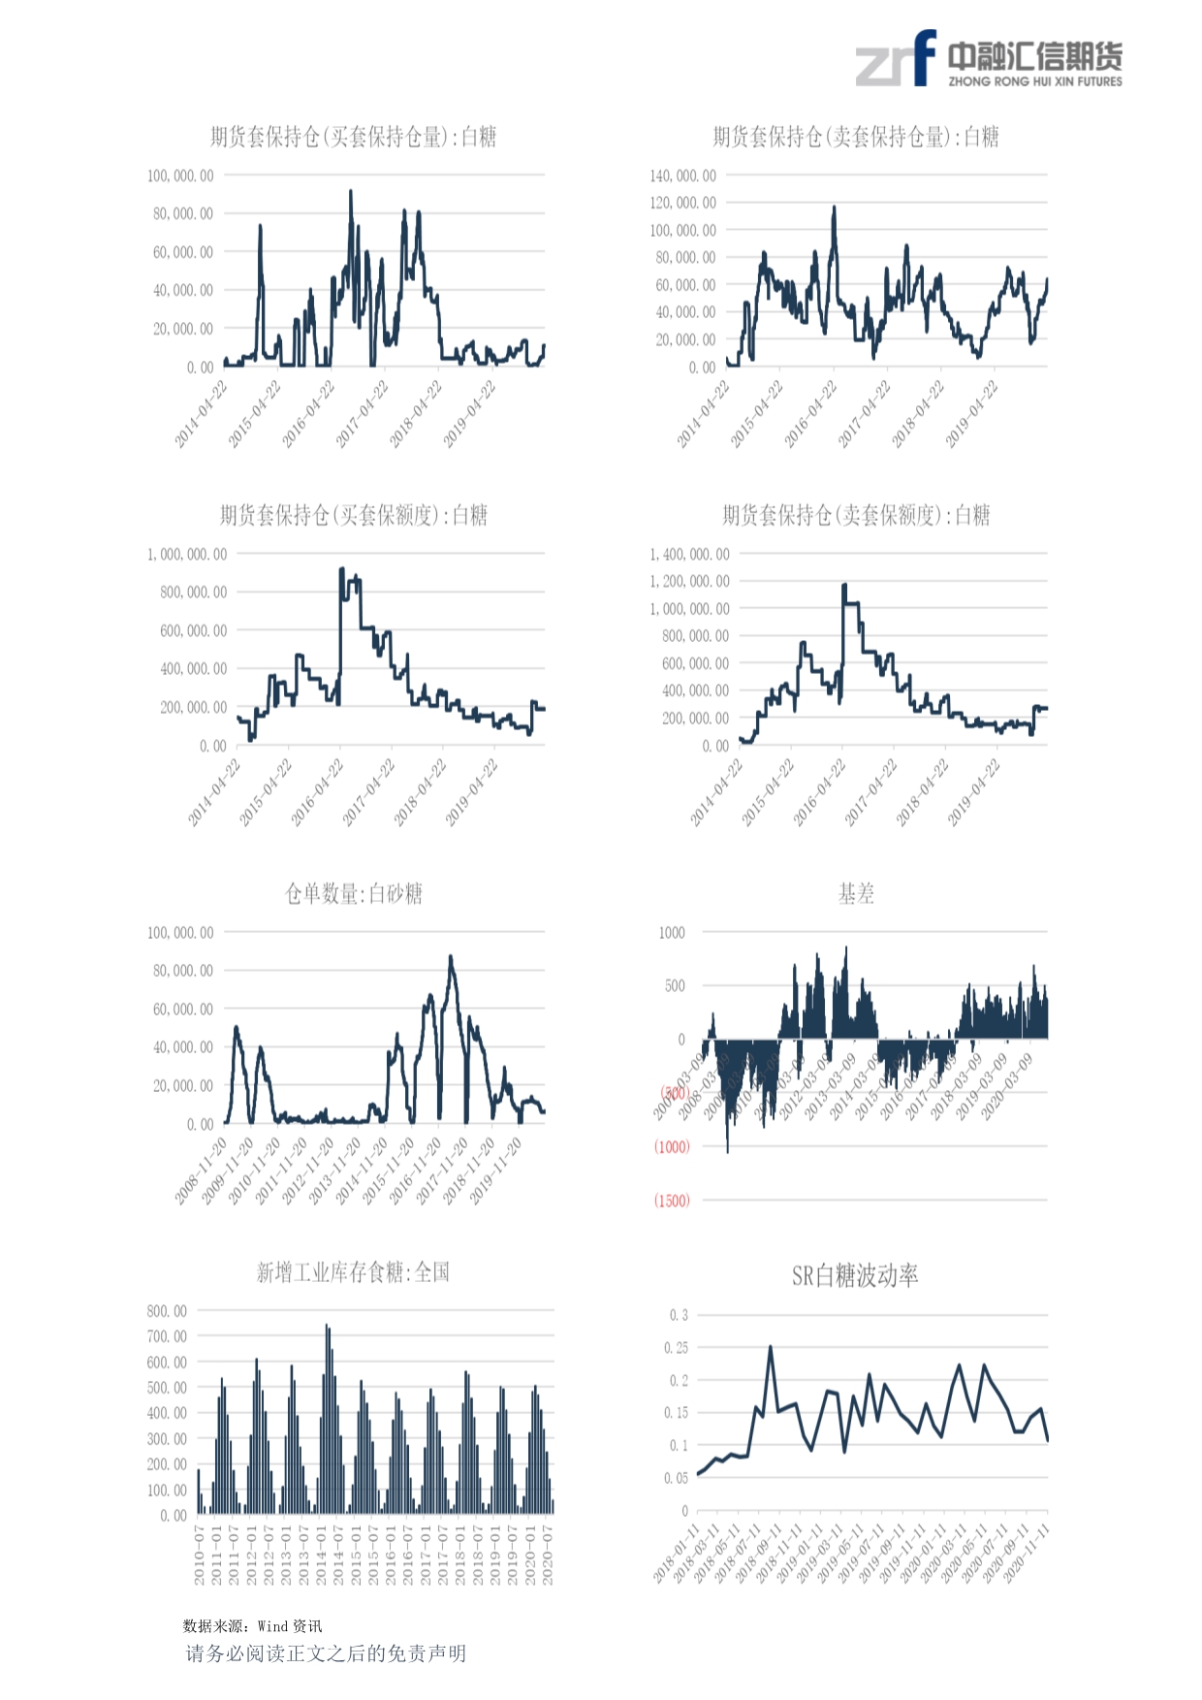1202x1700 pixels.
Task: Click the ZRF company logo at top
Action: click(x=988, y=59)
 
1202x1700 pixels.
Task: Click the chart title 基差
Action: click(x=856, y=893)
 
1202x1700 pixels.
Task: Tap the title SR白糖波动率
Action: click(x=854, y=1275)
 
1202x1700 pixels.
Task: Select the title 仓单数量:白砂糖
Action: click(x=353, y=893)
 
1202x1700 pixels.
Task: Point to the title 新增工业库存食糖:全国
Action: click(x=353, y=1271)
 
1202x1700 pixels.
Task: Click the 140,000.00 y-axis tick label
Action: click(x=682, y=176)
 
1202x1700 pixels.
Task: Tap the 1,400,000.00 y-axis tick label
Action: click(x=689, y=554)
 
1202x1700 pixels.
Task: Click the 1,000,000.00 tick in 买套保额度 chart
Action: click(x=187, y=554)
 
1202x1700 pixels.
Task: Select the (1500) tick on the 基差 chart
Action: click(x=672, y=1201)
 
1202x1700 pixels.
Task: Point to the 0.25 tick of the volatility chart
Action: click(x=676, y=1348)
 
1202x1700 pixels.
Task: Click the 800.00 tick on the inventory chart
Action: click(x=167, y=1311)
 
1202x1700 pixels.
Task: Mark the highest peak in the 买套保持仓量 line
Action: click(x=351, y=192)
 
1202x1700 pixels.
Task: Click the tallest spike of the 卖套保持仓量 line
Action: click(x=834, y=208)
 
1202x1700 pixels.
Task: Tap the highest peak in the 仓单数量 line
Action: click(x=450, y=957)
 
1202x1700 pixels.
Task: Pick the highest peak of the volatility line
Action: click(x=771, y=1346)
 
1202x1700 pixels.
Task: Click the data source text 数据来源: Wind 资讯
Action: click(x=252, y=1626)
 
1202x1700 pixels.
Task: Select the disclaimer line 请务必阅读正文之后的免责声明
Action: click(x=326, y=1653)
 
